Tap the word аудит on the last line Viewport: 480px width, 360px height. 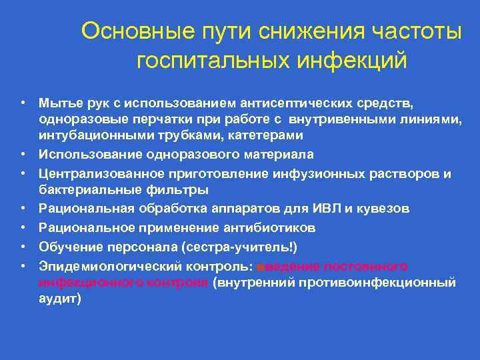(58, 299)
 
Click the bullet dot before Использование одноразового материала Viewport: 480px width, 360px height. (23, 155)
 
